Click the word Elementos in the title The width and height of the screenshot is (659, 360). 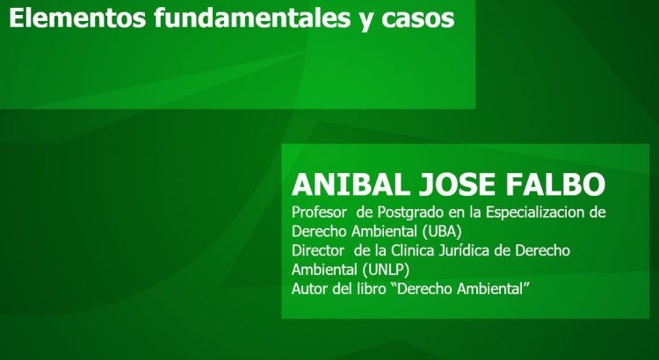[77, 18]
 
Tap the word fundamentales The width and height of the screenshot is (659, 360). [252, 18]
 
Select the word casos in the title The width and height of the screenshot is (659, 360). [417, 19]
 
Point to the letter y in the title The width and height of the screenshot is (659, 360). [366, 22]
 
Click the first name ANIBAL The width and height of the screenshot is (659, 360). [351, 184]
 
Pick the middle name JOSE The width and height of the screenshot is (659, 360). [457, 184]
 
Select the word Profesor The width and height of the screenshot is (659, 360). [319, 212]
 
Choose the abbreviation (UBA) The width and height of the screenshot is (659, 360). [442, 232]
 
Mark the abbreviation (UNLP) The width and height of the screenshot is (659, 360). [386, 270]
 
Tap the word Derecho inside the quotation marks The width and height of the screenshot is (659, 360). [424, 289]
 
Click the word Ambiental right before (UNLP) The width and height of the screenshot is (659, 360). [325, 270]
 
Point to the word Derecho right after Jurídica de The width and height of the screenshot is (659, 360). [543, 250]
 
